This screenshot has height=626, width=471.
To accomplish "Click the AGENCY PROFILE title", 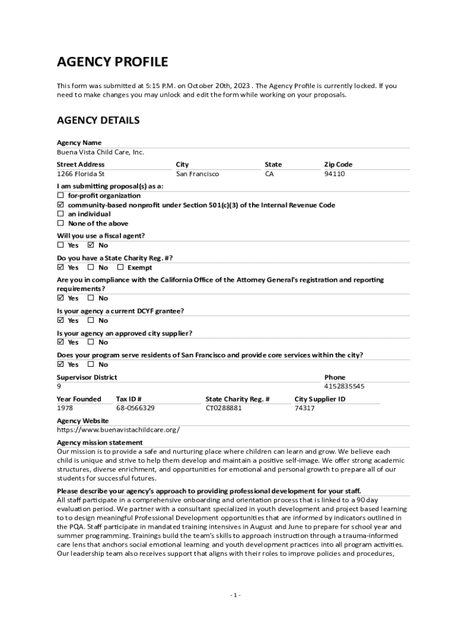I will (112, 62).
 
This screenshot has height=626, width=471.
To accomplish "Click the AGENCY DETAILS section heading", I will (98, 120).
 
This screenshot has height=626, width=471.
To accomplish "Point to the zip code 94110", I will (334, 174).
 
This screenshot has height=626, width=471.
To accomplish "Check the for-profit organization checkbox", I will (61, 196).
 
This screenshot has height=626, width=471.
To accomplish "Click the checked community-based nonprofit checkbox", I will (61, 205).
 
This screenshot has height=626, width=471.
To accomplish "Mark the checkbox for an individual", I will (61, 214).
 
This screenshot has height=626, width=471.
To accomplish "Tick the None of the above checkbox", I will (61, 223).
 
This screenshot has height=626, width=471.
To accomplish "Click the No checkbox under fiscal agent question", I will (91, 245).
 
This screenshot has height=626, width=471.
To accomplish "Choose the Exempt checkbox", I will (121, 267).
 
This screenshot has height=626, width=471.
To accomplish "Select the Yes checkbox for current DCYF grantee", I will (61, 320).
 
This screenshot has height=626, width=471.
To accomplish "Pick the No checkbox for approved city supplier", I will (91, 342).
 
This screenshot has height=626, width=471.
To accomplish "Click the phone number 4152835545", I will (344, 386).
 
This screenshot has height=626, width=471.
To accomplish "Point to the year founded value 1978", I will (65, 408).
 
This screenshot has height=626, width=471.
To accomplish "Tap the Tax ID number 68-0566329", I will (135, 408).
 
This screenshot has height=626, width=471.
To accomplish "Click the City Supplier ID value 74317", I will (305, 408).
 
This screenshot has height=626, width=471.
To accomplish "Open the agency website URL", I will (118, 430).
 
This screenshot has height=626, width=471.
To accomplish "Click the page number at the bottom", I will (236, 595).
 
